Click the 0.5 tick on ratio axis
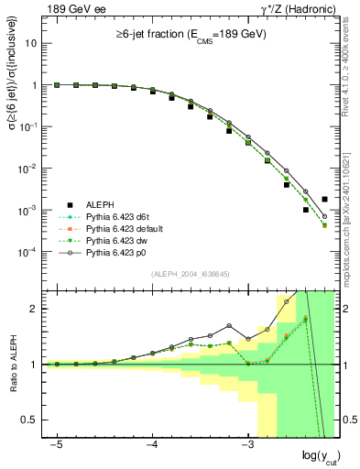31,420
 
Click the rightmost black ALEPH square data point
325,199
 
